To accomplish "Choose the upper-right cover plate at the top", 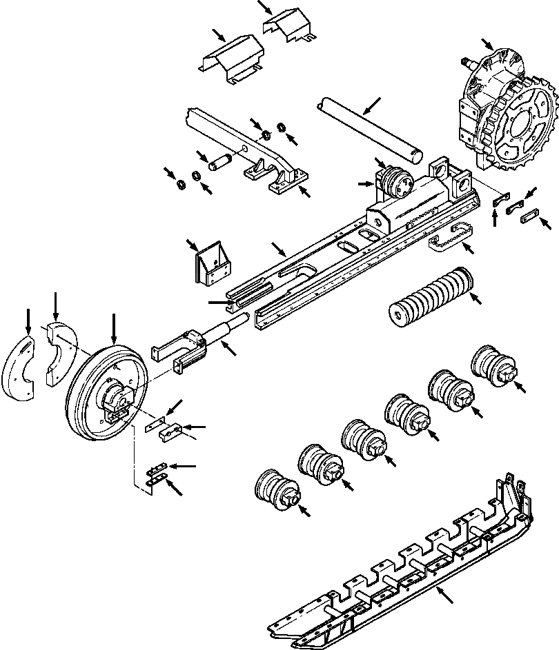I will (x=288, y=26).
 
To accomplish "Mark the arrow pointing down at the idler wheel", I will (x=113, y=327).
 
